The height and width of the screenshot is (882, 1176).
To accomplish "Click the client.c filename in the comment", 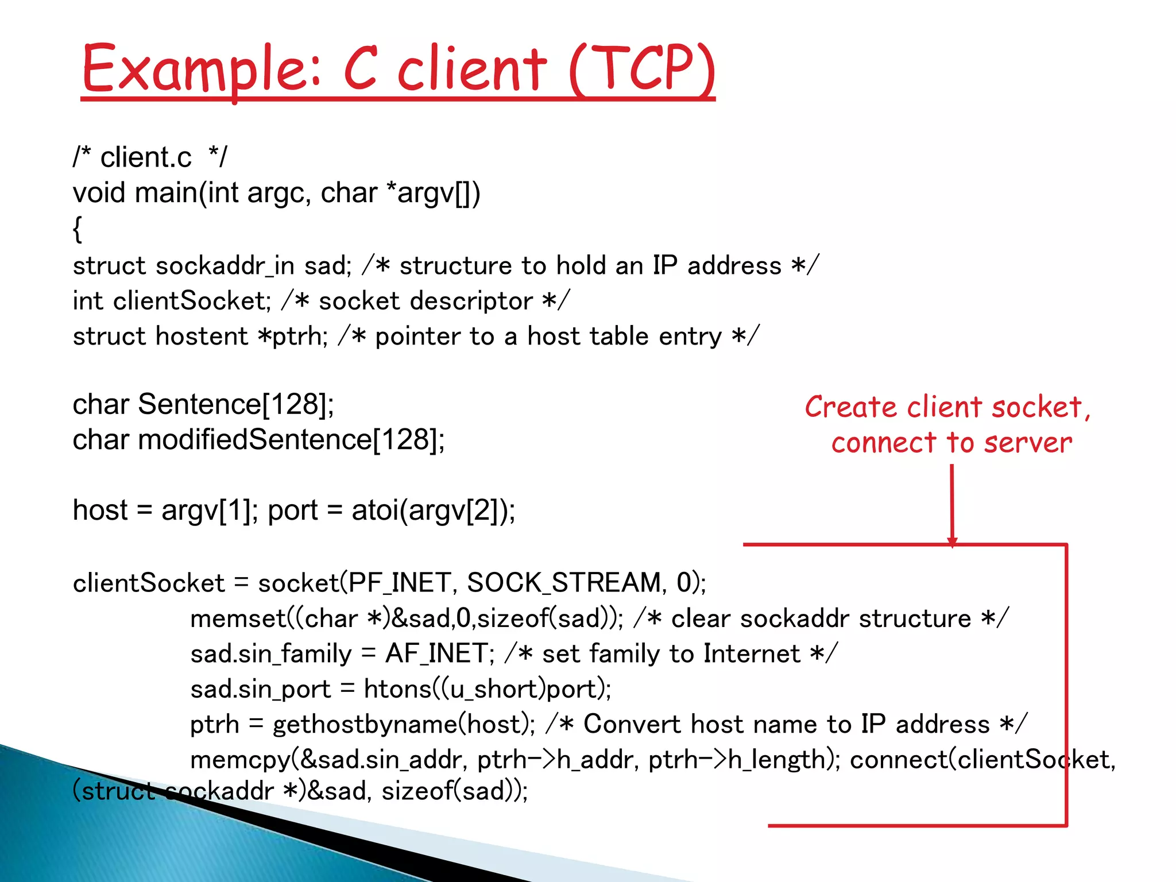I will tap(146, 157).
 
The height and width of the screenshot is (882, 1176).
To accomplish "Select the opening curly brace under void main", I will tap(78, 229).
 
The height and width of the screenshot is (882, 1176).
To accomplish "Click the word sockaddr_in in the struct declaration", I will tap(225, 266).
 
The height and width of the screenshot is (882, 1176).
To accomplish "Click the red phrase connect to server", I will tap(951, 443).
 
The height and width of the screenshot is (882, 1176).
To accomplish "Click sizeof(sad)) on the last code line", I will tap(452, 791).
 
